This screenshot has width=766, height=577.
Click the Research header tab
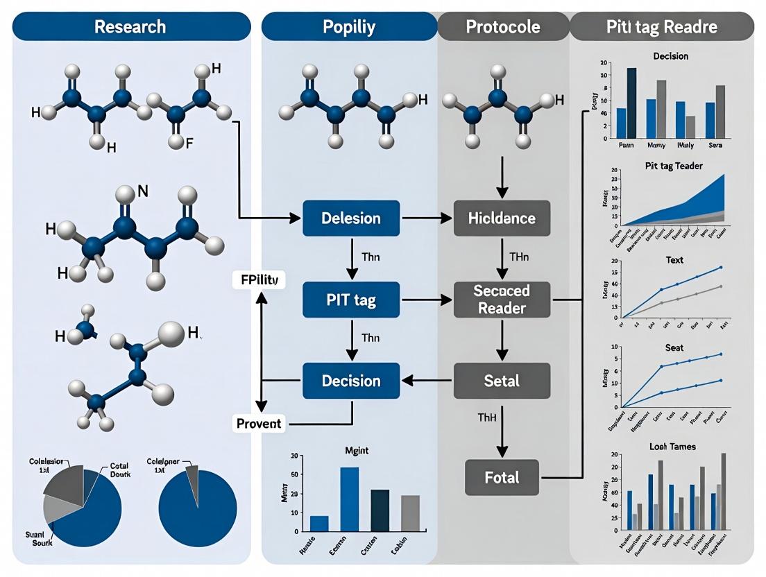point(130,27)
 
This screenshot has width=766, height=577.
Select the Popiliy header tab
point(349,27)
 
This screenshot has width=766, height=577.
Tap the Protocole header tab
point(503,27)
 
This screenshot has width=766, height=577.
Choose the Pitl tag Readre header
point(661,27)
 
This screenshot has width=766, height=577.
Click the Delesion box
point(351,218)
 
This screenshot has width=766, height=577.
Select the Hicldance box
point(502,218)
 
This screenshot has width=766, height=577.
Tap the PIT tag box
point(351,300)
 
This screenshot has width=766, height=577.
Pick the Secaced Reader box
point(502,300)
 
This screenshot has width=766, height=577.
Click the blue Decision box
point(351,381)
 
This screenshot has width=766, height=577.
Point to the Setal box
point(502,381)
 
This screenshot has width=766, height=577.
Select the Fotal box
point(502,477)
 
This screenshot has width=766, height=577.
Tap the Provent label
point(258,423)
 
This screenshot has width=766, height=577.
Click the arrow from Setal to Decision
point(427,381)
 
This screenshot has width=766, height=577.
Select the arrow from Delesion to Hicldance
point(427,218)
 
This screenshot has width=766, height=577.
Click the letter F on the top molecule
point(189,143)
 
